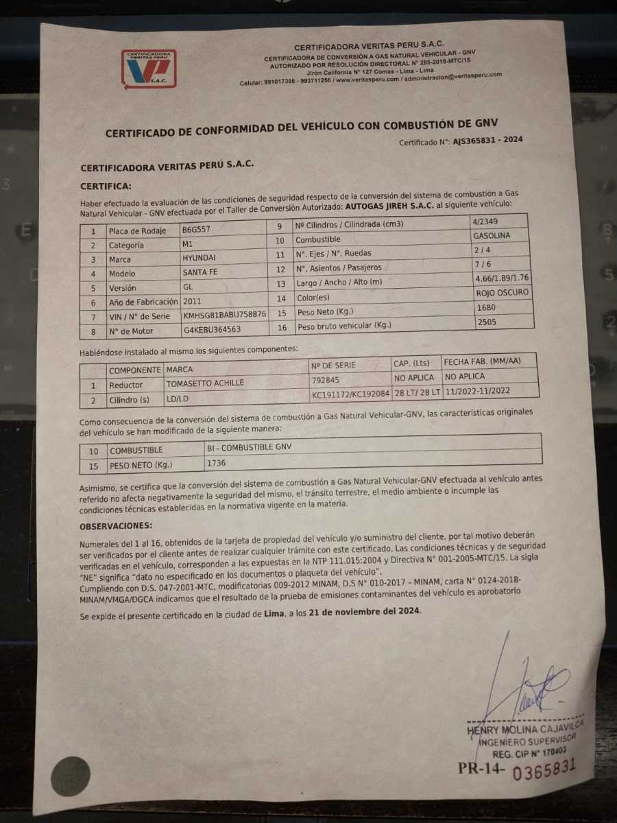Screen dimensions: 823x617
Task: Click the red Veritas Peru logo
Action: coord(149,69)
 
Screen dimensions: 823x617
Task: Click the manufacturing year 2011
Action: coord(193,301)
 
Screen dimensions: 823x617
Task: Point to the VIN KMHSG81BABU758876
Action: coord(224,315)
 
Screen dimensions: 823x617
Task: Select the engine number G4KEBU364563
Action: coord(212,330)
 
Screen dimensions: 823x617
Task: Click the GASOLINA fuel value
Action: coord(492,235)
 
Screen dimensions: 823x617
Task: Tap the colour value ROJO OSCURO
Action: coord(502,292)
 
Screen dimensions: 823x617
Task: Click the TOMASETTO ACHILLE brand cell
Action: coord(205,383)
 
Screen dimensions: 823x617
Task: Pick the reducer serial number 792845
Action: coord(326,379)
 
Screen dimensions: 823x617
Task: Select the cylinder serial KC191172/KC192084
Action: coord(350,394)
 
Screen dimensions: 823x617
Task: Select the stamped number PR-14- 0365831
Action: coord(516,769)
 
